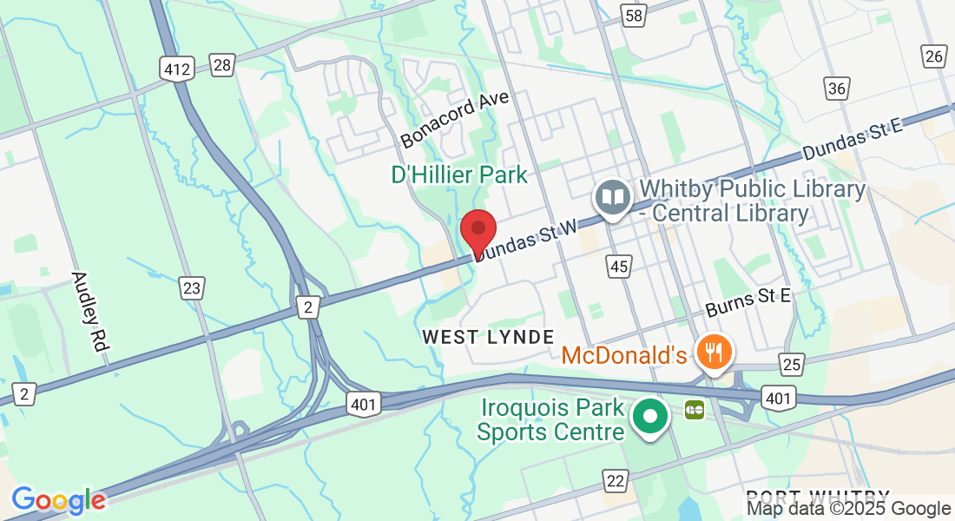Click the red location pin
(x=477, y=231)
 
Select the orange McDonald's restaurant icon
(x=715, y=353)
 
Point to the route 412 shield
(x=176, y=68)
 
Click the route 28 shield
(x=222, y=64)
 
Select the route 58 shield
(x=633, y=15)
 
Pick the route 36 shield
(x=838, y=89)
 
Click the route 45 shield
(x=618, y=267)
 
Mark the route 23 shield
(x=192, y=287)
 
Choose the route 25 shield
(x=790, y=364)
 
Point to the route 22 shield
(x=616, y=480)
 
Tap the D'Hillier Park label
(x=459, y=175)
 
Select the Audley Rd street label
(x=89, y=311)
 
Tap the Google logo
(x=58, y=500)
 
